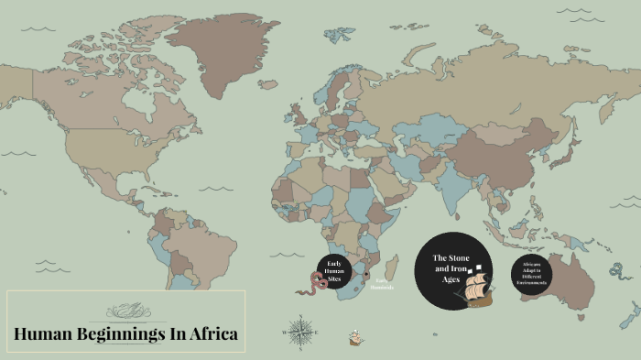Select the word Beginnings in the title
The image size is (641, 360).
click(x=117, y=334)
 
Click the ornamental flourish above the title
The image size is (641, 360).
click(x=126, y=309)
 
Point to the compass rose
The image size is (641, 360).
click(x=299, y=331)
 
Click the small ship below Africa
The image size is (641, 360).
click(x=355, y=338)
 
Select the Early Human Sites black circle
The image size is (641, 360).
click(x=335, y=267)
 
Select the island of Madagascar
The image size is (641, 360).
click(x=392, y=268)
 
